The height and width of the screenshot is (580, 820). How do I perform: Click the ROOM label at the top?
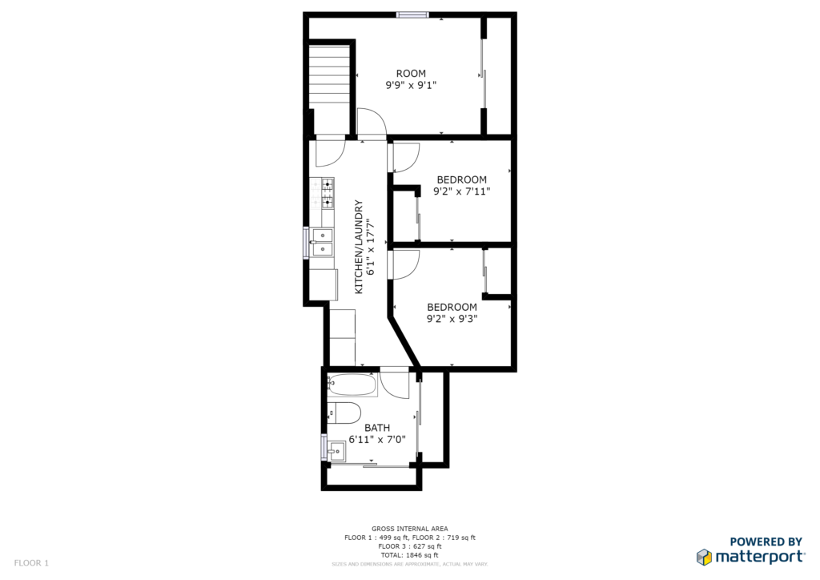pyautogui.click(x=411, y=74)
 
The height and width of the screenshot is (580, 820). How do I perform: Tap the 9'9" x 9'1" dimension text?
pyautogui.click(x=411, y=85)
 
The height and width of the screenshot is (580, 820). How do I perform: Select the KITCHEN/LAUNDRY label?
pyautogui.click(x=359, y=247)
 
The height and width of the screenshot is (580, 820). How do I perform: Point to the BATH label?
pyautogui.click(x=377, y=428)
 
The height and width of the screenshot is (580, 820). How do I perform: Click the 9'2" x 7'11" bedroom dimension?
pyautogui.click(x=462, y=191)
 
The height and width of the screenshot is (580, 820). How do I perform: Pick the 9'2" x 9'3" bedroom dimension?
pyautogui.click(x=452, y=319)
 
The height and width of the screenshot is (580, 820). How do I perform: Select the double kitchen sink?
pyautogui.click(x=323, y=243)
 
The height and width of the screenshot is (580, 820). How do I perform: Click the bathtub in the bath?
pyautogui.click(x=352, y=385)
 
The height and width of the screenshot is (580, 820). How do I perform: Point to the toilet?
pyautogui.click(x=344, y=413)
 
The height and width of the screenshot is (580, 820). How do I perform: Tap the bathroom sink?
pyautogui.click(x=336, y=451)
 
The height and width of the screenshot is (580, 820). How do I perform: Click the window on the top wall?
pyautogui.click(x=412, y=14)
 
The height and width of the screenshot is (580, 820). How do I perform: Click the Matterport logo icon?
pyautogui.click(x=704, y=557)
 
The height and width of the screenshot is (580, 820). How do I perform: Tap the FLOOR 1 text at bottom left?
pyautogui.click(x=31, y=563)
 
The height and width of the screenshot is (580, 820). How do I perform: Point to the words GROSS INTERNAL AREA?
pyautogui.click(x=409, y=529)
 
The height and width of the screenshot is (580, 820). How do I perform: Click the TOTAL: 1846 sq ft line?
pyautogui.click(x=409, y=555)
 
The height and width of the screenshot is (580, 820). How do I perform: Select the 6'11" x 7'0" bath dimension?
pyautogui.click(x=377, y=440)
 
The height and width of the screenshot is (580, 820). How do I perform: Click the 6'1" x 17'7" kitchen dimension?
pyautogui.click(x=371, y=247)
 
